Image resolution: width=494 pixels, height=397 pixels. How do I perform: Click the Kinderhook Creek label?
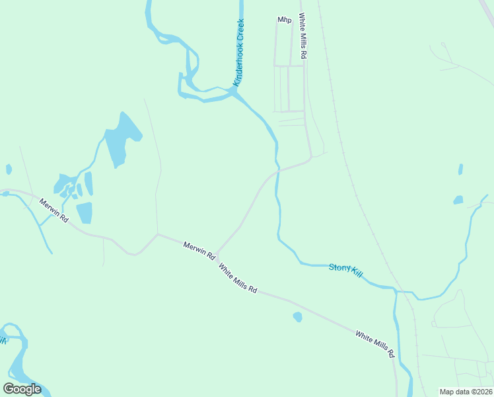click(239, 52)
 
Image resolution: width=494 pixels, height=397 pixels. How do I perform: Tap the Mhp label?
click(285, 20)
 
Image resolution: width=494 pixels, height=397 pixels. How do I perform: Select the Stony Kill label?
click(346, 270)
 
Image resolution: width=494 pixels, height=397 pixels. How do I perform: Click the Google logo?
click(22, 388)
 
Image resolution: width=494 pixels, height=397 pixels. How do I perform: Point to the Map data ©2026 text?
click(466, 392)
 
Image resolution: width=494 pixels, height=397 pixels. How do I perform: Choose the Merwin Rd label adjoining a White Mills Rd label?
click(199, 249)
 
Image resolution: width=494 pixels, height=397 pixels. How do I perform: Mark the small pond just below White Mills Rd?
click(297, 317)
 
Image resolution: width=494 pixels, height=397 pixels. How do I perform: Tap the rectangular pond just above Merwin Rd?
click(84, 212)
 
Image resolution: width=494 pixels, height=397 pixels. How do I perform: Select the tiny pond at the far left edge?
click(9, 169)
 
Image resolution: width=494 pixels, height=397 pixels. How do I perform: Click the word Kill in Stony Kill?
click(357, 273)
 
